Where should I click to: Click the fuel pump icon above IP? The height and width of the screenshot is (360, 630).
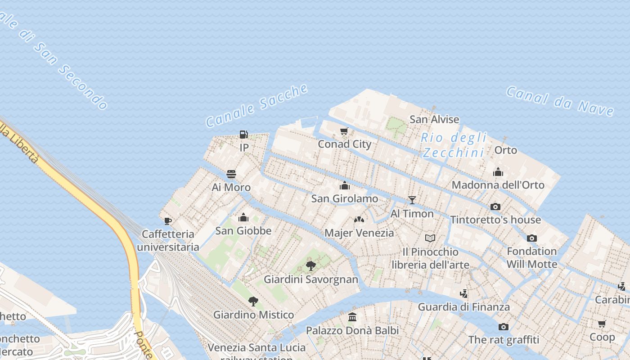(x=243, y=134)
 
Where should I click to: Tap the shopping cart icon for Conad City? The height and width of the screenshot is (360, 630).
(x=344, y=131)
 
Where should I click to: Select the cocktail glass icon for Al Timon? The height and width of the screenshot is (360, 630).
(x=412, y=200)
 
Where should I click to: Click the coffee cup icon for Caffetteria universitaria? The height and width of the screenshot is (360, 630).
(x=168, y=221)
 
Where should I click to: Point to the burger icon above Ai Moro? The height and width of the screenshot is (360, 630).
(x=231, y=174)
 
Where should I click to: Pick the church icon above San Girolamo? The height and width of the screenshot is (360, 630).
(x=345, y=185)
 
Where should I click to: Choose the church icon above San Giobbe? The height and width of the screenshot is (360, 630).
(x=243, y=218)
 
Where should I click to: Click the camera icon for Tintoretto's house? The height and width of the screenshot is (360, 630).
(x=495, y=207)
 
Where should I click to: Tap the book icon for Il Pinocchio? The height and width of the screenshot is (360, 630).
(x=430, y=238)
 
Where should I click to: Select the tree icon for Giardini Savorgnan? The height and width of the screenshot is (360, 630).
(x=310, y=266)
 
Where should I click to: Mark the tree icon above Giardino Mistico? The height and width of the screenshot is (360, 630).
(x=253, y=301)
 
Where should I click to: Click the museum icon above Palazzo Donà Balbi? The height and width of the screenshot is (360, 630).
(x=352, y=317)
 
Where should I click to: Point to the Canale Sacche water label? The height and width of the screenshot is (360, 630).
(x=256, y=105)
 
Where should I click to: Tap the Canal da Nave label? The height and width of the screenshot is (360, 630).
(x=560, y=101)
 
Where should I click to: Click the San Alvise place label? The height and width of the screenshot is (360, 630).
(x=434, y=119)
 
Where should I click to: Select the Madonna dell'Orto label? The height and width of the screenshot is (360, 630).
(x=498, y=185)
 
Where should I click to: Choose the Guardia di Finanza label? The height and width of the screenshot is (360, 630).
(x=463, y=307)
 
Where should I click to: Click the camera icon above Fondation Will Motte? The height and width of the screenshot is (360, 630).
(x=532, y=238)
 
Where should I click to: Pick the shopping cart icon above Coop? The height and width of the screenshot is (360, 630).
(x=602, y=324)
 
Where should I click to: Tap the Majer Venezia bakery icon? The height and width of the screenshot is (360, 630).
(x=359, y=220)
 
